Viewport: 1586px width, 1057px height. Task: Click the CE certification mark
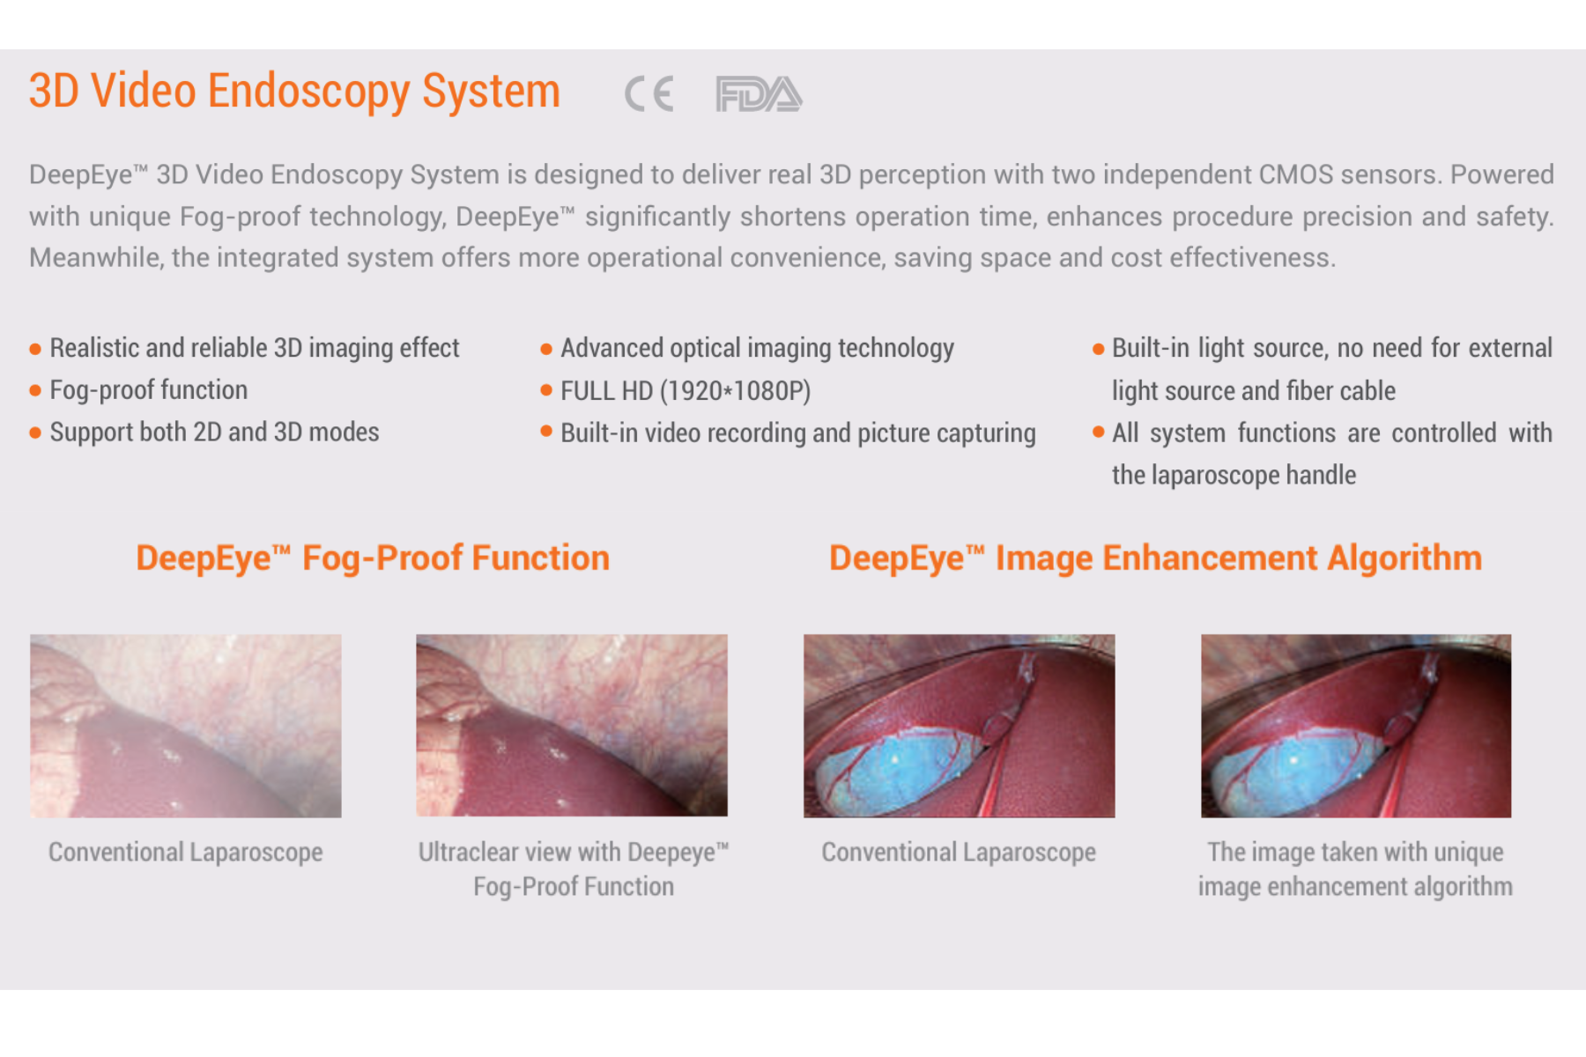(x=649, y=94)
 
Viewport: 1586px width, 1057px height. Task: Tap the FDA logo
(x=759, y=94)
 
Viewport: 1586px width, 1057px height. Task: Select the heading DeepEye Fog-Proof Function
(x=373, y=558)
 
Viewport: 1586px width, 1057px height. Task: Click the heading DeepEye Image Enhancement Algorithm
(x=1155, y=558)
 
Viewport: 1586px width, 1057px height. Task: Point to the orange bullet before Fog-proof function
(x=35, y=390)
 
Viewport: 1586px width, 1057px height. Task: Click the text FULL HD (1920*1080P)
(x=686, y=390)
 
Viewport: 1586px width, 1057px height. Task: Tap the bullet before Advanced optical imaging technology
(x=546, y=349)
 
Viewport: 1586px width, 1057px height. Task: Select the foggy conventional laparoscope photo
(x=186, y=726)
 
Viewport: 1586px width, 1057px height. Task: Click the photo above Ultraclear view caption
(x=572, y=726)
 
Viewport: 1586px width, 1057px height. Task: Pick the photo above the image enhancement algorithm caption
(x=1356, y=726)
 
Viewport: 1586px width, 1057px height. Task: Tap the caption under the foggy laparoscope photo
(x=186, y=853)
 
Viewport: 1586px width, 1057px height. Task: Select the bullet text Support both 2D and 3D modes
(x=214, y=432)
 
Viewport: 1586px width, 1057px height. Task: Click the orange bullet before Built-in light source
(x=1098, y=349)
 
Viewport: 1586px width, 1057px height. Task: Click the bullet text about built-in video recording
(x=798, y=433)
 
